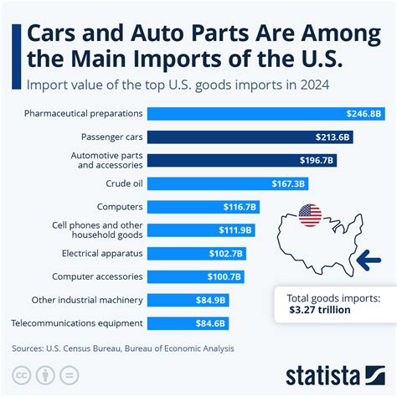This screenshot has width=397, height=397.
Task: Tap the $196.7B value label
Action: [317, 160]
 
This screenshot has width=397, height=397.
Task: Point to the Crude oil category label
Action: [123, 183]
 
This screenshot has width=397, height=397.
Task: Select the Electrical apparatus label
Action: [102, 252]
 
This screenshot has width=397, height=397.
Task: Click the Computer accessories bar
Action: [197, 276]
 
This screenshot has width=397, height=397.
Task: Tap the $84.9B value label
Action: [211, 299]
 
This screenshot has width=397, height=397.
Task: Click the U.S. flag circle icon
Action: [310, 215]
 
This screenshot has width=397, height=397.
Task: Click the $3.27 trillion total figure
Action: [321, 310]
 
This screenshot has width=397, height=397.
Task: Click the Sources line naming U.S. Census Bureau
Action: [123, 348]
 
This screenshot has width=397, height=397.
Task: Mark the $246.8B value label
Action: [364, 113]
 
